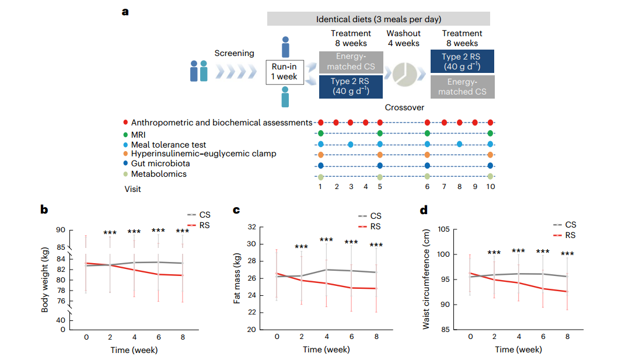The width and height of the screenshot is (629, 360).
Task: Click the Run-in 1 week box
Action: (x=285, y=72)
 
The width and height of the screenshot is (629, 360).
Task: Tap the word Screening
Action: (x=234, y=53)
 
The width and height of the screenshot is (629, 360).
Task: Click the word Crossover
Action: (x=404, y=108)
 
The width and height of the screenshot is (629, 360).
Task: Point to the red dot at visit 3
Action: (x=350, y=123)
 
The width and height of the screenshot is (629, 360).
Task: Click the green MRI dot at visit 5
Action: (x=380, y=134)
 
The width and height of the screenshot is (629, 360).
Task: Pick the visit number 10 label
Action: (x=490, y=186)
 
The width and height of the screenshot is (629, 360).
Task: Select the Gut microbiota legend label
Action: (x=160, y=163)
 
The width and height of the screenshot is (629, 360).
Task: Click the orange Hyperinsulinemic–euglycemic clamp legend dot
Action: (x=126, y=153)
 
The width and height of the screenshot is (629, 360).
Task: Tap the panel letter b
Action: (x=44, y=209)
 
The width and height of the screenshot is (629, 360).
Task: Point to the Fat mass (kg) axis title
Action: (x=237, y=278)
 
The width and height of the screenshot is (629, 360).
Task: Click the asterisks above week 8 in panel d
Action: (x=567, y=254)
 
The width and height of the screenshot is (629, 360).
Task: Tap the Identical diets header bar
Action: (x=378, y=19)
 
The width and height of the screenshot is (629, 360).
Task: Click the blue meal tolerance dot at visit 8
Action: (x=459, y=144)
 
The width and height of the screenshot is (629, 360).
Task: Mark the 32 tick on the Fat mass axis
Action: (x=253, y=227)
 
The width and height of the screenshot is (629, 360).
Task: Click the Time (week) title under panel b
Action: (x=134, y=350)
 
